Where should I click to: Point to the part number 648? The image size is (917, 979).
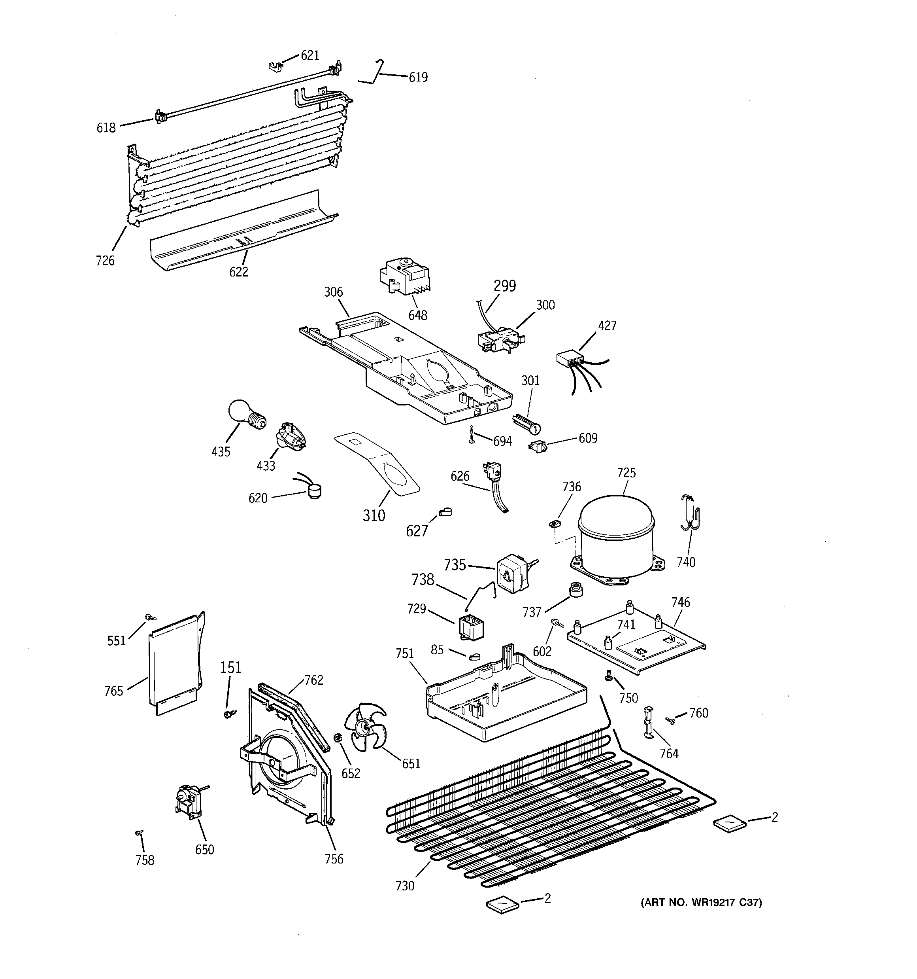417,315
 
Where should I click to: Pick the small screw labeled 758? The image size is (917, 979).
139,832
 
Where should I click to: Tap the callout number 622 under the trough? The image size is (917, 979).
239,271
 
